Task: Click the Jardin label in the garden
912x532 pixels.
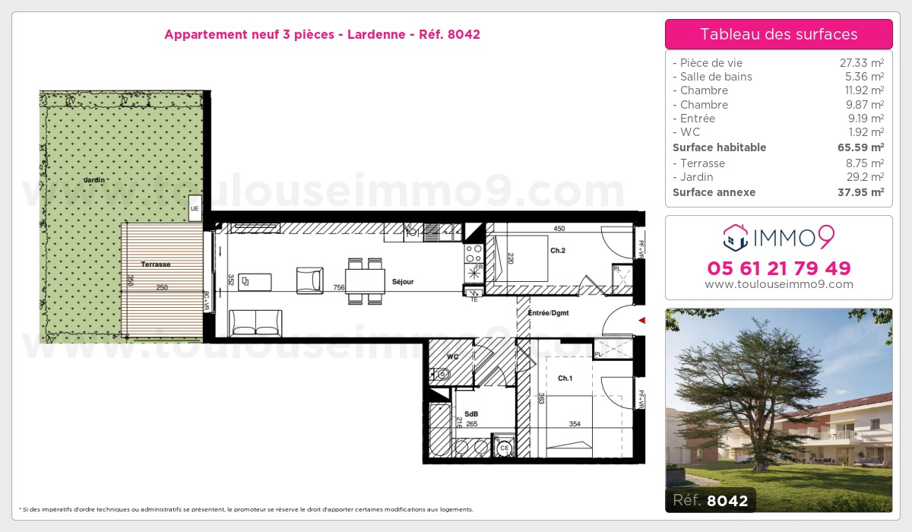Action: click(x=94, y=180)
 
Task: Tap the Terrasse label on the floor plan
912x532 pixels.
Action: click(x=156, y=264)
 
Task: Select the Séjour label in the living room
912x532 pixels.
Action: click(x=403, y=282)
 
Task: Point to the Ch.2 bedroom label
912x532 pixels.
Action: click(x=558, y=250)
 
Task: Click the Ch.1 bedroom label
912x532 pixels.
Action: click(x=565, y=378)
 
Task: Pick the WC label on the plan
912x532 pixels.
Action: click(x=451, y=356)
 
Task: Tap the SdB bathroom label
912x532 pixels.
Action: click(x=470, y=414)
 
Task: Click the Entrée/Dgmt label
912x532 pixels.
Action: click(x=548, y=313)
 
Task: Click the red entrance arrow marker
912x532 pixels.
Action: click(x=641, y=321)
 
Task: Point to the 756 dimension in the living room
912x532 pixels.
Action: click(x=338, y=288)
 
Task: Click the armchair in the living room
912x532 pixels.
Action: click(x=309, y=280)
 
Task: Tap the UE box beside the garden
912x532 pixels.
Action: click(x=195, y=207)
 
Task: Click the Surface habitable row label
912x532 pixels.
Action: click(x=719, y=147)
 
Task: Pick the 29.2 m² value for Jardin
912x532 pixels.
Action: click(x=865, y=177)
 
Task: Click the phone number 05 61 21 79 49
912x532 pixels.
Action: click(x=779, y=268)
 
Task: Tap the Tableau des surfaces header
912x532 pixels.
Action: click(x=779, y=34)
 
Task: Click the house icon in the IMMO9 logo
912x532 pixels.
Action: click(x=736, y=238)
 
